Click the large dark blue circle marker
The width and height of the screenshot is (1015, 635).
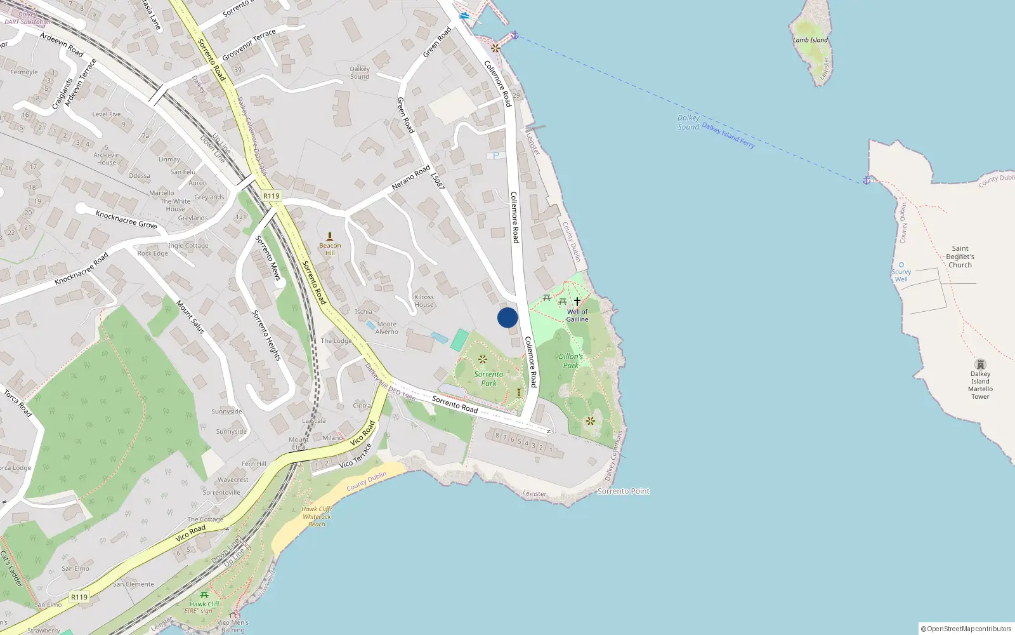pos(507,317)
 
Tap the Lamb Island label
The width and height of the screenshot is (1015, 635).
pos(810,40)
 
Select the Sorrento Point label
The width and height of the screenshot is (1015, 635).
pos(624,491)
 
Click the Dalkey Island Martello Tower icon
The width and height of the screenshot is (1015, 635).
pos(980,364)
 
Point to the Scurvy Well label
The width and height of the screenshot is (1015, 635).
pos(901,276)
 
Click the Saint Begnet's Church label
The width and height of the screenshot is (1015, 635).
pos(960,257)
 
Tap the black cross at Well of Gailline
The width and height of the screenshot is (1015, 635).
pos(577,301)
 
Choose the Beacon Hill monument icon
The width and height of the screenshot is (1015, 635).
pos(329,236)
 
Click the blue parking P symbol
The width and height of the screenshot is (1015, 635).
pos(496,156)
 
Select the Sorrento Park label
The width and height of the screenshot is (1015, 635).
pos(488,378)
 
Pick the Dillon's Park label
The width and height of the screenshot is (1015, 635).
pos(570,361)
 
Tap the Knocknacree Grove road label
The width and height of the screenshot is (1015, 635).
pos(126,219)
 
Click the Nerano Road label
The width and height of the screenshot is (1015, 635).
pos(410,177)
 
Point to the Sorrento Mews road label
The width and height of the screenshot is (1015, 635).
pos(268,258)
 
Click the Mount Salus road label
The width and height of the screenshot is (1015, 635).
pos(190,317)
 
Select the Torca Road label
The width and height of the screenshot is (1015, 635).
pos(18,403)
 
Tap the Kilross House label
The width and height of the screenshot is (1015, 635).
pos(424,300)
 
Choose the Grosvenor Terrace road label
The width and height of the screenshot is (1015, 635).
pos(249,44)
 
